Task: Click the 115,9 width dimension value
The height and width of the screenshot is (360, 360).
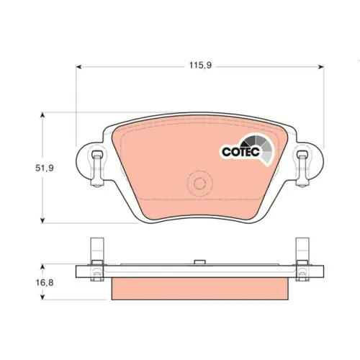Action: (200, 66)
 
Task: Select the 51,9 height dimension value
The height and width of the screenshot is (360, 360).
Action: (45, 168)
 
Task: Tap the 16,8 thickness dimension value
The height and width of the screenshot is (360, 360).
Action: (45, 283)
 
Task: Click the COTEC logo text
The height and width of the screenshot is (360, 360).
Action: (240, 152)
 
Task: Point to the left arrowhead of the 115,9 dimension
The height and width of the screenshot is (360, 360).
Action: (78, 67)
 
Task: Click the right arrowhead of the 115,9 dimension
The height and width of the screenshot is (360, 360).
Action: (321, 67)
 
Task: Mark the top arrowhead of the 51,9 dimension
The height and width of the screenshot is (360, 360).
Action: (42, 115)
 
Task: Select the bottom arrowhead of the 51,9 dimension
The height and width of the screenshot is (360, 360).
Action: (42, 220)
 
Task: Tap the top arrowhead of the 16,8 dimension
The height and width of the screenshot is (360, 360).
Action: (42, 267)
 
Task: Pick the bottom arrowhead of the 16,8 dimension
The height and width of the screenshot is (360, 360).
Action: (42, 297)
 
